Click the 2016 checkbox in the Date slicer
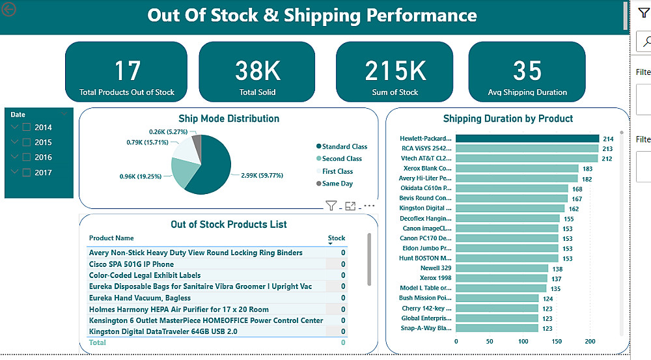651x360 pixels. point(27,158)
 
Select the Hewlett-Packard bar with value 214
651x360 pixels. point(527,139)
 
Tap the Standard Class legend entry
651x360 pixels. point(344,146)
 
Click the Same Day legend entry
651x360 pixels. point(337,184)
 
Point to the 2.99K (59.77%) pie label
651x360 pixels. point(262,175)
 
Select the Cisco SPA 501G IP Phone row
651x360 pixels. point(132,264)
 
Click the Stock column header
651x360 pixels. point(337,238)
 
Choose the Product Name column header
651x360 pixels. point(111,238)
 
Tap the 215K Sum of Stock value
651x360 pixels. point(395,71)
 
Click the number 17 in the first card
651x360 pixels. point(127,71)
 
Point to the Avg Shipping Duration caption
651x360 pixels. point(527,92)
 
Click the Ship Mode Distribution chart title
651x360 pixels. point(229,118)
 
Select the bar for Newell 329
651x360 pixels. point(501,268)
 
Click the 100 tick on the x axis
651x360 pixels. point(523,341)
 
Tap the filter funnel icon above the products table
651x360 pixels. point(331,206)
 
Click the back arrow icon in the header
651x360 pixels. point(10,9)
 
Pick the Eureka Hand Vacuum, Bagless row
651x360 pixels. point(140,298)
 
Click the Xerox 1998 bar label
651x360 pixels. point(436,278)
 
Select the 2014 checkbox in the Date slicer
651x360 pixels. point(27,128)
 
